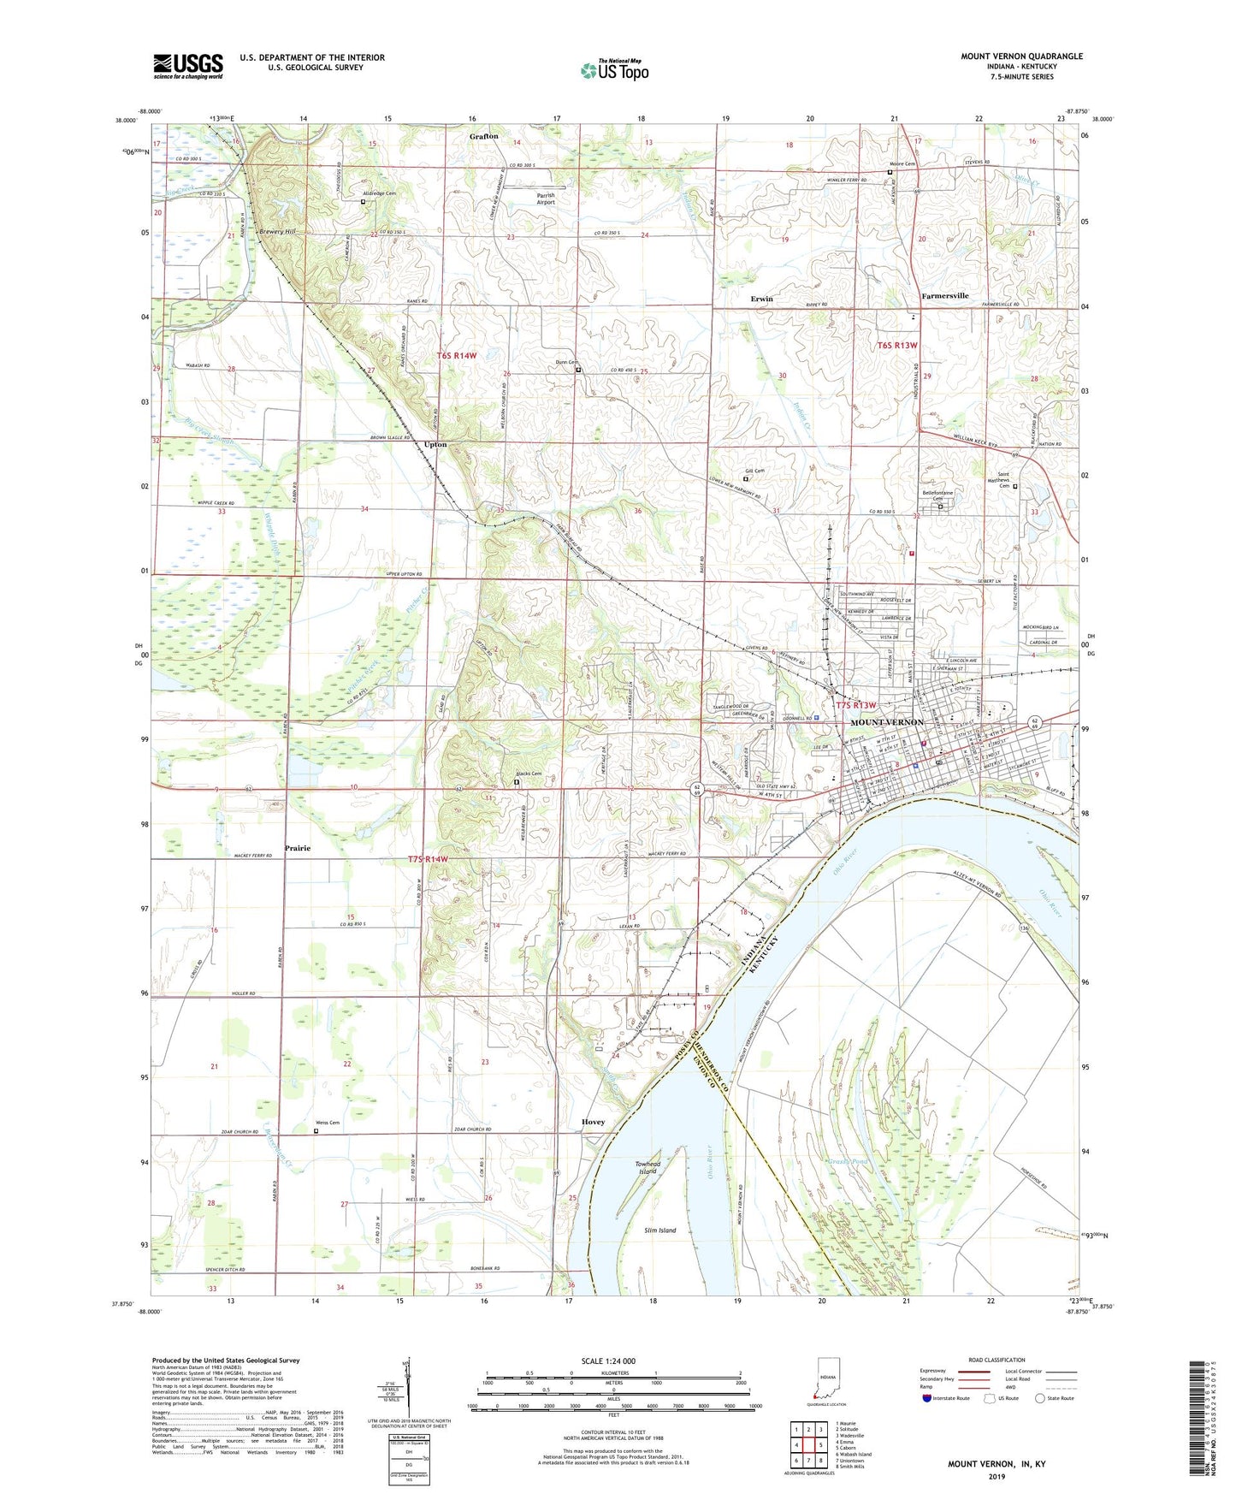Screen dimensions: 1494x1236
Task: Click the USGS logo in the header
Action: pos(188,65)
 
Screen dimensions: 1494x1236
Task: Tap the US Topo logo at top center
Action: pos(613,70)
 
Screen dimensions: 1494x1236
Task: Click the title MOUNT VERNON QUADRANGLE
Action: pos(1021,56)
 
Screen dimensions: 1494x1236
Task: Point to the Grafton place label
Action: pos(483,137)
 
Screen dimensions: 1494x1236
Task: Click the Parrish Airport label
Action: pos(545,199)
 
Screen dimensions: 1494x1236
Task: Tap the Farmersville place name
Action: pos(944,296)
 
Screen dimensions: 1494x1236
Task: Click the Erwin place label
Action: pos(761,299)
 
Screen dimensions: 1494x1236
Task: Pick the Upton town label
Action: pos(435,445)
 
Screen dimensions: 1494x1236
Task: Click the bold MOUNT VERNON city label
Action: pos(887,723)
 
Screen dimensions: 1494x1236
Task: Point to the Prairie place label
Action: pos(298,848)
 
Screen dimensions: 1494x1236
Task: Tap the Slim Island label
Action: pos(659,1230)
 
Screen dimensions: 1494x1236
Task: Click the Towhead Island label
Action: pos(648,1167)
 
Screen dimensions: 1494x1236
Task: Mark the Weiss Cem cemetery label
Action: pos(329,1123)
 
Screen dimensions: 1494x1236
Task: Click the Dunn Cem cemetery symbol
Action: pos(578,371)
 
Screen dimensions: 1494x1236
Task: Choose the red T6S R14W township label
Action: pos(457,355)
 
